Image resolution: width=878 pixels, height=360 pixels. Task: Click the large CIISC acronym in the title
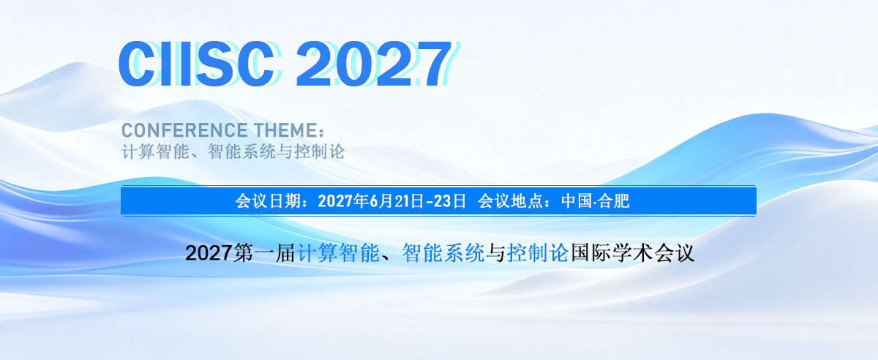click(x=196, y=63)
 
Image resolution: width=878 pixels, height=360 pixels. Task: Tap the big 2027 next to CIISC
click(x=374, y=63)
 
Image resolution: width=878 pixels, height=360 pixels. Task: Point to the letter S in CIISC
click(x=215, y=63)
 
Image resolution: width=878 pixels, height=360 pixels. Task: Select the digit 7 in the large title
click(x=432, y=64)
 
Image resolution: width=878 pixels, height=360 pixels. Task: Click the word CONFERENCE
click(x=184, y=130)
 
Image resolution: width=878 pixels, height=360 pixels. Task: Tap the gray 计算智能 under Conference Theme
click(x=156, y=151)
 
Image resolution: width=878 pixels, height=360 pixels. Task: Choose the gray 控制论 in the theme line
click(x=320, y=151)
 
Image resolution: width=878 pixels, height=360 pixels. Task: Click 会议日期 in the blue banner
click(x=268, y=201)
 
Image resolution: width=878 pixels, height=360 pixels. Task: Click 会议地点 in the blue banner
click(x=511, y=201)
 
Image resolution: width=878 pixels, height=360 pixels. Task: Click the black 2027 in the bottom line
click(x=208, y=253)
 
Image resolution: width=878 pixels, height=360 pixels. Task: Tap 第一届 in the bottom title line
click(x=264, y=253)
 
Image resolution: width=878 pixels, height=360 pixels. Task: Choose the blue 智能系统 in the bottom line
click(x=443, y=253)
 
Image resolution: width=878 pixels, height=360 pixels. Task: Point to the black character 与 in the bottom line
click(x=496, y=253)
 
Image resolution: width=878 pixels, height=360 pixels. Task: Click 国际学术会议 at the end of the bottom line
click(x=632, y=253)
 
